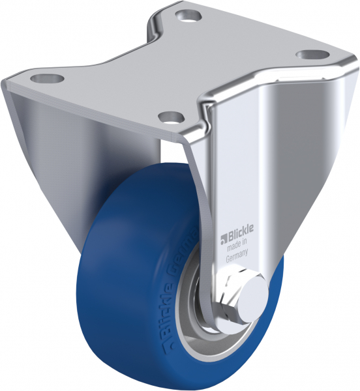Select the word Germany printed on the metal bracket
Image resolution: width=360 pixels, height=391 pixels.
(237, 257)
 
